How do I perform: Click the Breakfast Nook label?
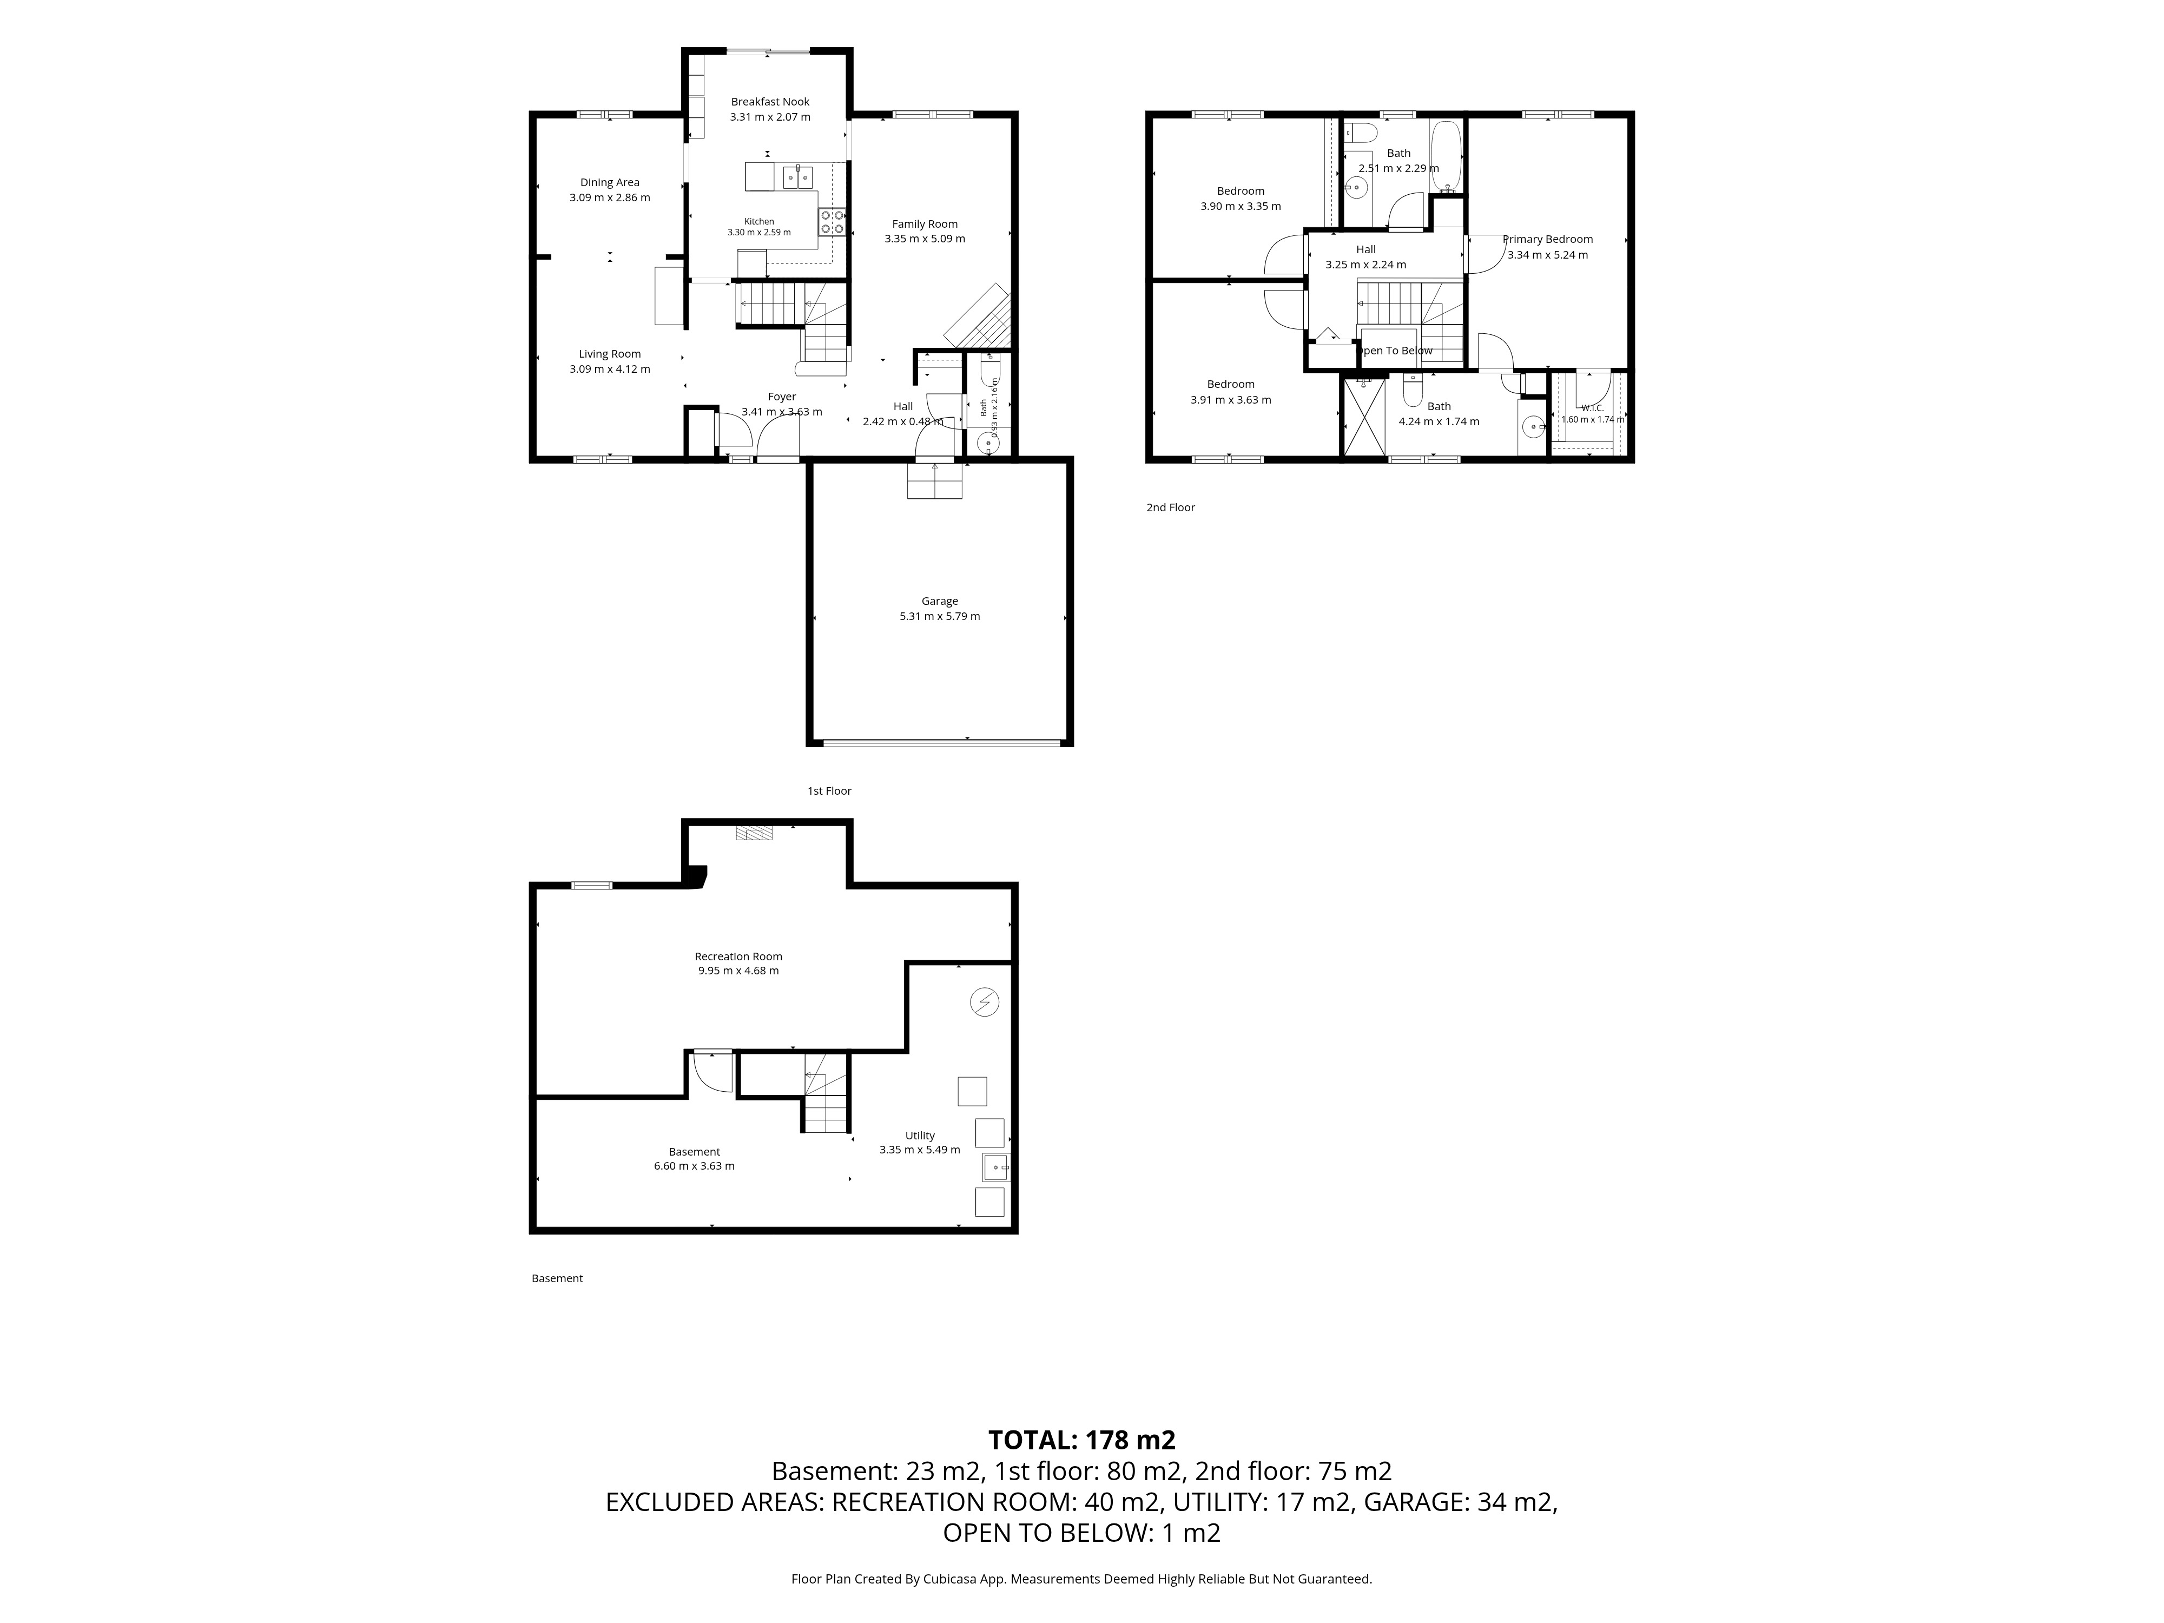tap(770, 102)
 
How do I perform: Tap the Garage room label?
tap(939, 602)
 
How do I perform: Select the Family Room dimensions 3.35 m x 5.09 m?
tap(925, 239)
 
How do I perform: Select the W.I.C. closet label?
tap(1592, 408)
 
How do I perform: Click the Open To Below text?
tap(1395, 350)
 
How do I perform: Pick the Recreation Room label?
tap(738, 957)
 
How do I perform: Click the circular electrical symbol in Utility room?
tap(984, 1003)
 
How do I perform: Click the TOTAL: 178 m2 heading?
tap(1082, 1440)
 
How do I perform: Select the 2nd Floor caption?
tap(1171, 508)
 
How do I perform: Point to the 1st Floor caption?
tap(829, 790)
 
